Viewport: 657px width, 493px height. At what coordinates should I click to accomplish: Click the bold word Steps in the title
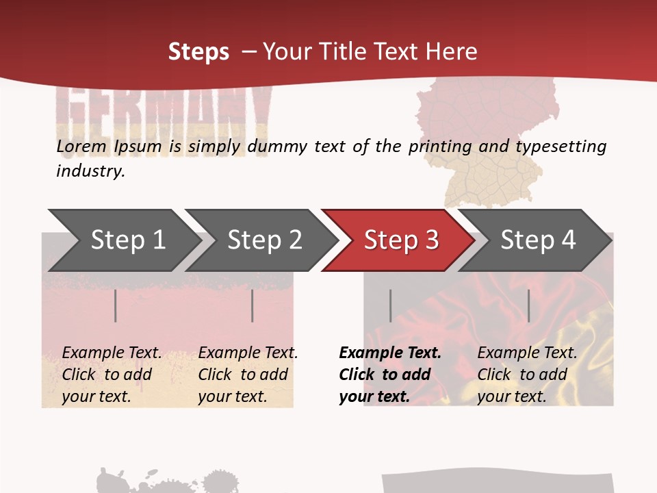(x=198, y=51)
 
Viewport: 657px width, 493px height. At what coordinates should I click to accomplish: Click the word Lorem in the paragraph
(x=81, y=146)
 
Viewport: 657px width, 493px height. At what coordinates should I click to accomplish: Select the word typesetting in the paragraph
(x=561, y=147)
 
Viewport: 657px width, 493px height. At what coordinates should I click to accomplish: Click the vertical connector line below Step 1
(x=116, y=305)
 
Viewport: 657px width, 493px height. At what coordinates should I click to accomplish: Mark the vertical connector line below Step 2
(x=253, y=305)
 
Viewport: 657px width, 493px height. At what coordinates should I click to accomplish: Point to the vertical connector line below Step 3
(x=390, y=305)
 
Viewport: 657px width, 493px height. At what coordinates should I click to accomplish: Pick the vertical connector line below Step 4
(x=528, y=305)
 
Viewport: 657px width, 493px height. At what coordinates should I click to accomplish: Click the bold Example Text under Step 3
(x=390, y=353)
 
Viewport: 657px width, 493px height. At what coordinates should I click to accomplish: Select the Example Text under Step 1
(x=112, y=353)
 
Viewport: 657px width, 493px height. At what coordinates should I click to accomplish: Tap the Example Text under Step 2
(x=248, y=353)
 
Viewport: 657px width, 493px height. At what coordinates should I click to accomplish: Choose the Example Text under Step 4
(x=528, y=353)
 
